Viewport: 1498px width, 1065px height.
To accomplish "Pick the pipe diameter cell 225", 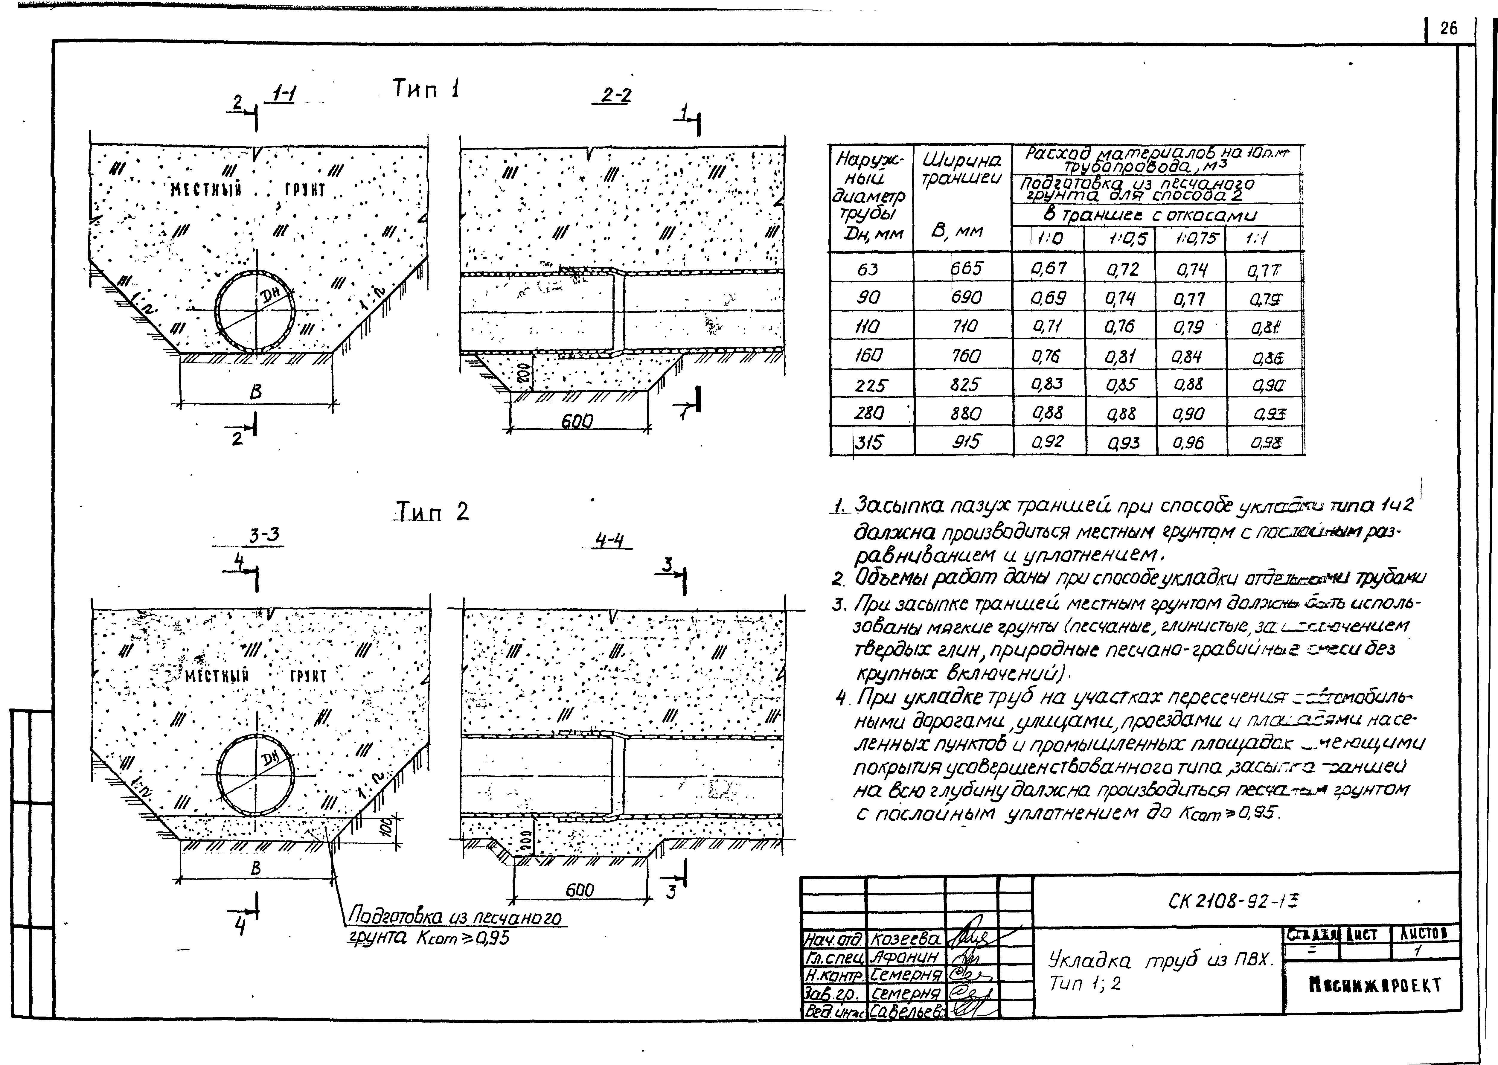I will pos(870,385).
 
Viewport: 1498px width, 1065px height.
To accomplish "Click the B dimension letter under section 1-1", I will pos(256,391).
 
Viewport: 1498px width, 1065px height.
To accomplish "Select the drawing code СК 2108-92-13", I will pos(1232,902).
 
